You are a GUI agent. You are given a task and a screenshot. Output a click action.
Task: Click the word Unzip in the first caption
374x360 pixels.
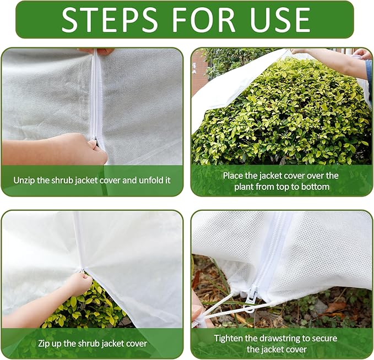tap(27, 180)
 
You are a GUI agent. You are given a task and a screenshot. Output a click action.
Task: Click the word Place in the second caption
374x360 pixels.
tap(234, 176)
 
